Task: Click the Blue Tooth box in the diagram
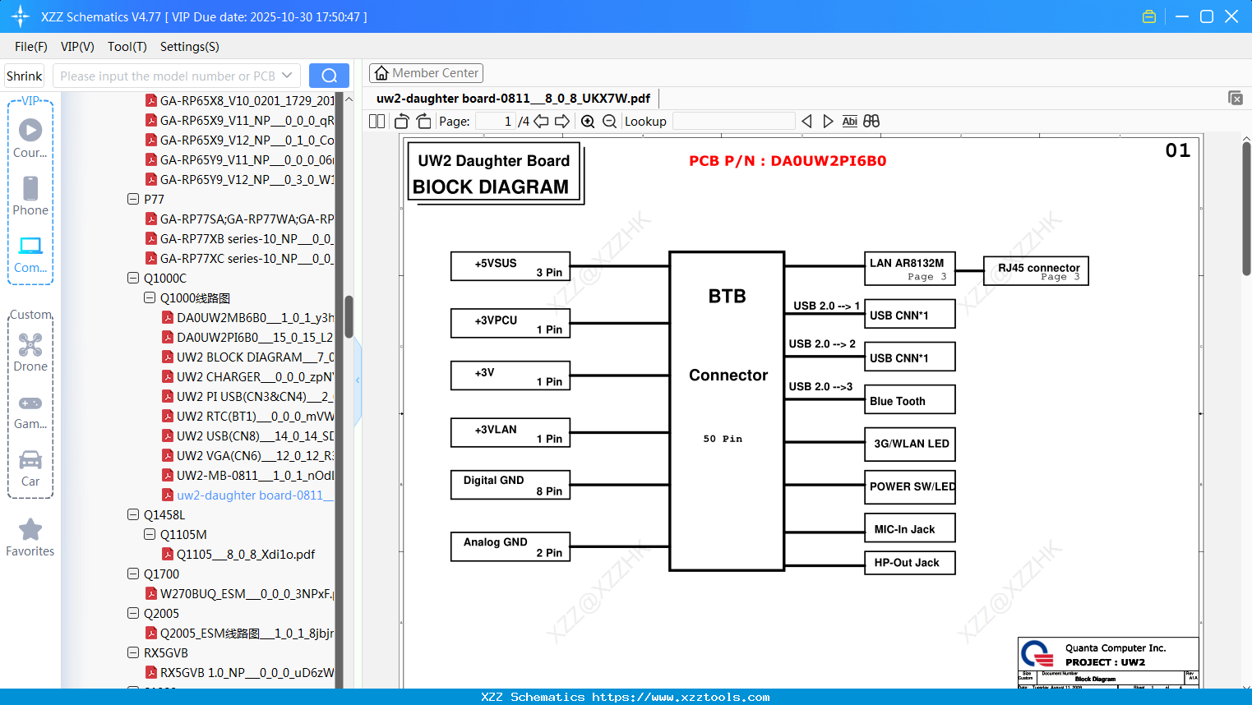[909, 400]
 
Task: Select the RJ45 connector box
[1036, 270]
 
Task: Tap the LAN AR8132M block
[909, 267]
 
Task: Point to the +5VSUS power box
[510, 266]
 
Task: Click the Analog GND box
[510, 546]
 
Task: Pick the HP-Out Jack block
[909, 563]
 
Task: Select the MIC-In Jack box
[909, 528]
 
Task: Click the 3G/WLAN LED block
[909, 444]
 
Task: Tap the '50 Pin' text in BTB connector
[723, 439]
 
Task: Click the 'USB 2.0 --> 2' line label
[822, 343]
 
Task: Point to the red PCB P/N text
[788, 161]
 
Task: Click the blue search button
[329, 76]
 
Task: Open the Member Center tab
[426, 73]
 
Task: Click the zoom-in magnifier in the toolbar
[588, 122]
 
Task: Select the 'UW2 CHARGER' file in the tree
[253, 377]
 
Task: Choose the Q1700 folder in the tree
[161, 574]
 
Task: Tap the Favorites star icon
[30, 530]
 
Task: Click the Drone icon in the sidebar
[30, 345]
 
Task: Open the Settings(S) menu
[189, 47]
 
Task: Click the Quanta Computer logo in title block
[1037, 654]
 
